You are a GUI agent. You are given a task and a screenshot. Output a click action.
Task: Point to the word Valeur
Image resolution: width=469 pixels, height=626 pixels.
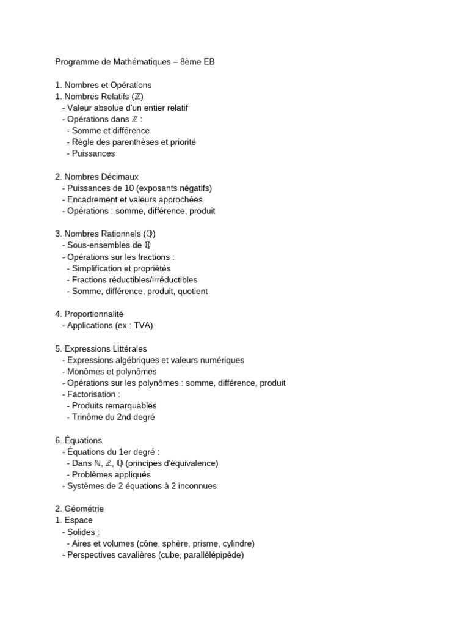point(80,108)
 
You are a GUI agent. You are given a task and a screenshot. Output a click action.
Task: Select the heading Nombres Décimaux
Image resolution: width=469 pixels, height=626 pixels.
point(101,177)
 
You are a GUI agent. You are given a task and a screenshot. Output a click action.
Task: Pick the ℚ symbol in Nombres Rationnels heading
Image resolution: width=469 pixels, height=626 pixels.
point(150,234)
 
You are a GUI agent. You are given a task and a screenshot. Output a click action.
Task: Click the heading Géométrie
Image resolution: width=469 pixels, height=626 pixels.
point(84,509)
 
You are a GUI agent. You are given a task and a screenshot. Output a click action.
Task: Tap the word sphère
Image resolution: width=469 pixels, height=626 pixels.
point(176,543)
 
